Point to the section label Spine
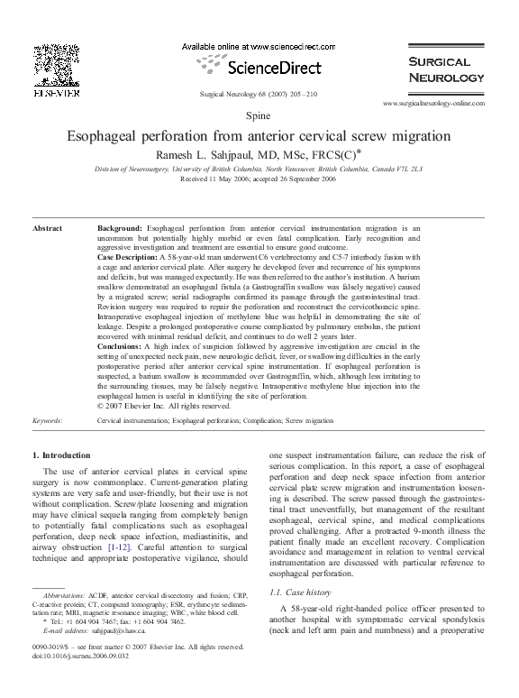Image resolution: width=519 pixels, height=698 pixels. click(x=259, y=117)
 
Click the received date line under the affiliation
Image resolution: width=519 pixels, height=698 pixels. click(x=259, y=179)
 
